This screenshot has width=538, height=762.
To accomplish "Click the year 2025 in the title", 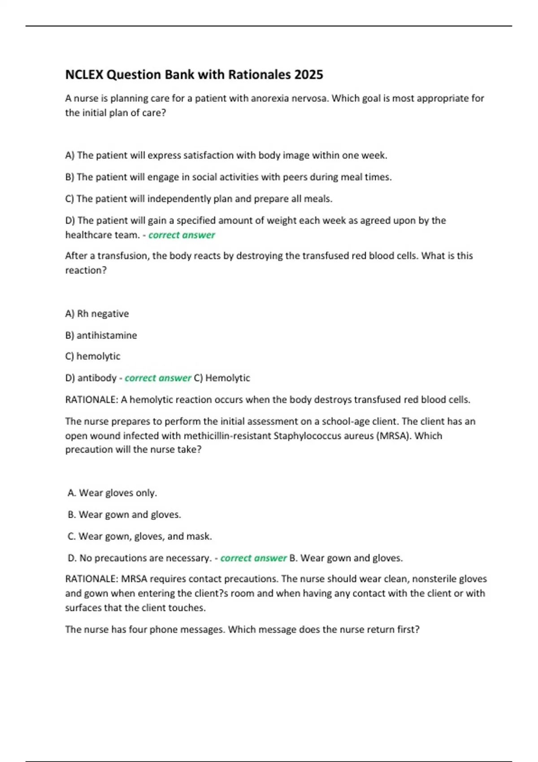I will (308, 74).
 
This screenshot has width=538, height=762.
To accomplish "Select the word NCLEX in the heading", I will (84, 74).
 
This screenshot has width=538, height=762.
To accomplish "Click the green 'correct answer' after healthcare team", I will (182, 235).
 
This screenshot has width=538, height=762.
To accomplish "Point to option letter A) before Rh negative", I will (70, 313).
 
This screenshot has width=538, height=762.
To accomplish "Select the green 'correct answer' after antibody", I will (158, 378).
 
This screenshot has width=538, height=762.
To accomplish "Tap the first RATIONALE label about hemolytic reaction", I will (91, 399).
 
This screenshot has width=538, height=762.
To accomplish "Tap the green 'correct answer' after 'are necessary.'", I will (253, 558).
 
